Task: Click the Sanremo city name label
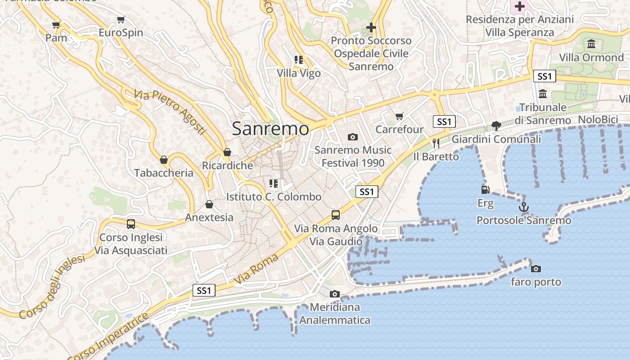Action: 270,129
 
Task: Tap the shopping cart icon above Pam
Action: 56,25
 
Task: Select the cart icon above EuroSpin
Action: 121,20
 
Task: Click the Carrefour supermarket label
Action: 399,130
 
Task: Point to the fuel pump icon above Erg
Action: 485,190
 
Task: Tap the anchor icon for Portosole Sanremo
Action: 523,207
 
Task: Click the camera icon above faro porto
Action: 535,269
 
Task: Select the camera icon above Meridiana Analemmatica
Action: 334,294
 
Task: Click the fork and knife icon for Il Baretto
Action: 436,144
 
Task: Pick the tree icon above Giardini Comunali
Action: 496,126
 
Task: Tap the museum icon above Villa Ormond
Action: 591,44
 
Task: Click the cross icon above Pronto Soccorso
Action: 371,27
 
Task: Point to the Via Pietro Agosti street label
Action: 170,112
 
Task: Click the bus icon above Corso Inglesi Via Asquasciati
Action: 131,224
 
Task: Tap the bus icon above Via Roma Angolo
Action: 336,215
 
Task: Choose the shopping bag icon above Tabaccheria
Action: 164,160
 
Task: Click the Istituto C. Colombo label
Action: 274,197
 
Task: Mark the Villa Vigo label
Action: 299,73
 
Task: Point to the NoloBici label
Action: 598,120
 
